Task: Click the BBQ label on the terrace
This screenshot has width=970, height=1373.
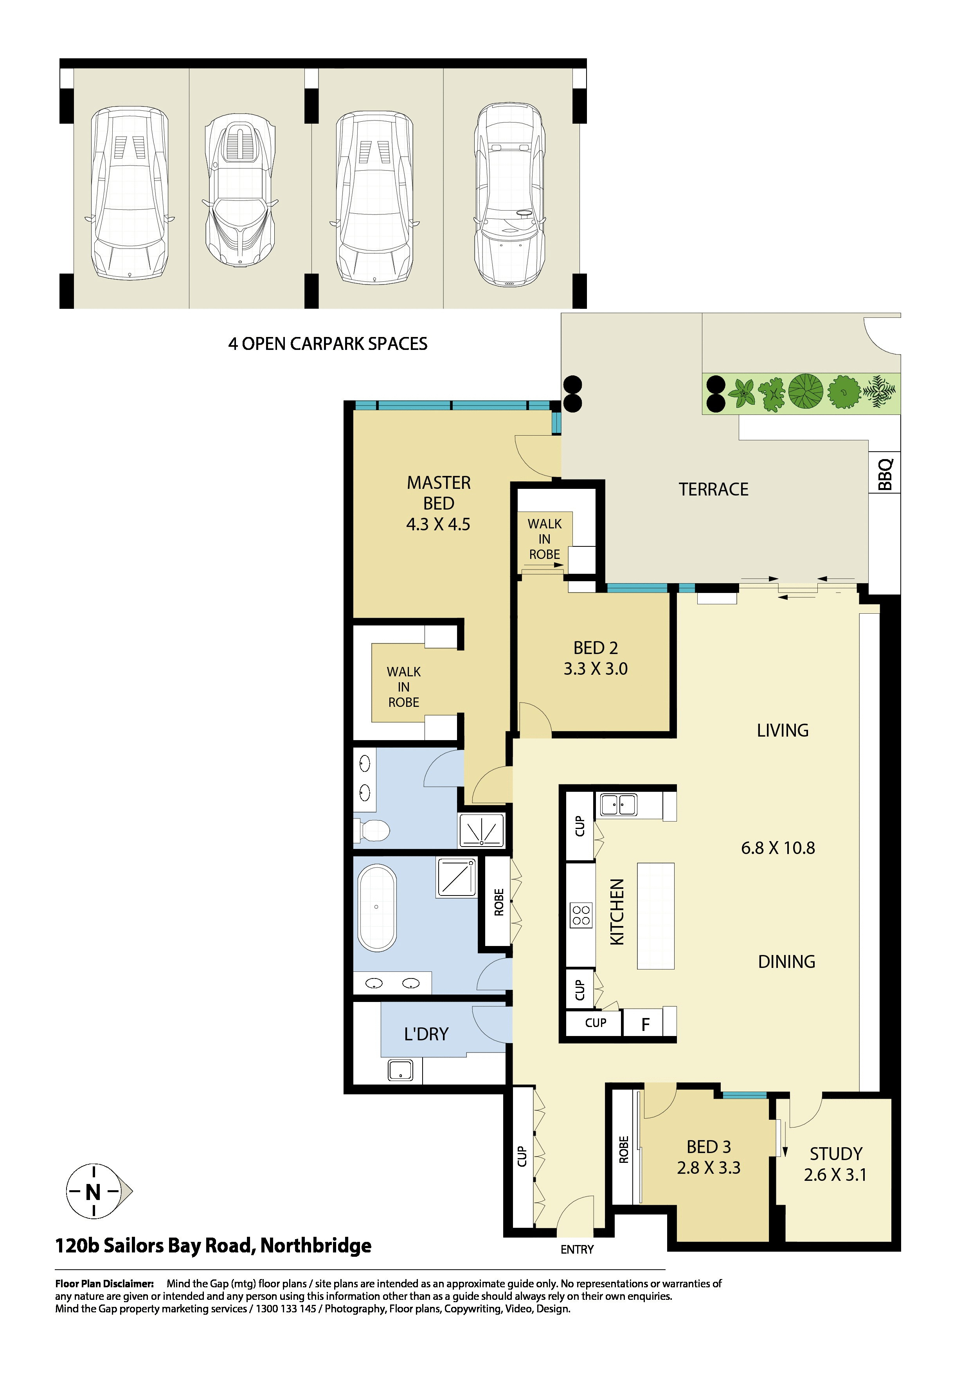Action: click(x=885, y=474)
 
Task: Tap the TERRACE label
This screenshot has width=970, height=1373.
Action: click(x=714, y=490)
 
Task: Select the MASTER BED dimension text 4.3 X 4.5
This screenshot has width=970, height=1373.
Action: click(x=438, y=524)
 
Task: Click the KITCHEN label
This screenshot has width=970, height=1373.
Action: click(x=617, y=912)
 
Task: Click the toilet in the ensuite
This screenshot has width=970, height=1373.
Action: click(x=372, y=830)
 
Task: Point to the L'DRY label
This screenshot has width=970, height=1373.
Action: click(x=426, y=1034)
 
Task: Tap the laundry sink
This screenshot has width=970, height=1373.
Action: click(x=400, y=1070)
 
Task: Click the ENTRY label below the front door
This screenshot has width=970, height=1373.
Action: click(x=577, y=1250)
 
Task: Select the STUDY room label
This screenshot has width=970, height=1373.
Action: click(x=836, y=1153)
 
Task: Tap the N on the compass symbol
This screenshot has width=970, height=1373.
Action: click(x=93, y=1193)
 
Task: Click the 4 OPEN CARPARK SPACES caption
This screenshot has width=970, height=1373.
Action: click(x=328, y=344)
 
